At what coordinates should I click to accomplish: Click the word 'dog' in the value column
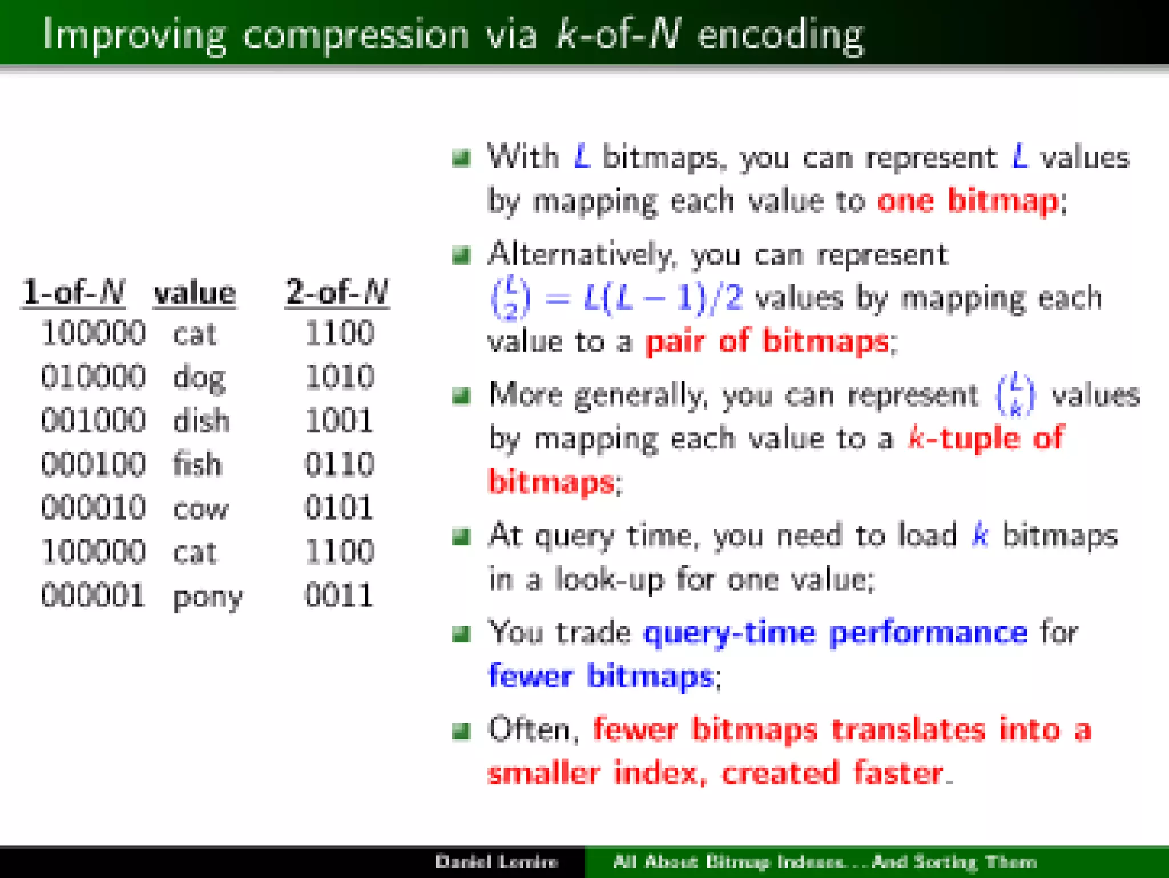pos(199,378)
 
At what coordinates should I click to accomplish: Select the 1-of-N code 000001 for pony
pos(93,596)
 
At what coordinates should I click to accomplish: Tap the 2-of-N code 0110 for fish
pos(339,464)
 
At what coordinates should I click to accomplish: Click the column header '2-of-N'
pos(337,292)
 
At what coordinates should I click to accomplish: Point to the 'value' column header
pos(195,293)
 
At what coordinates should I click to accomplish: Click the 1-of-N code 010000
pos(93,377)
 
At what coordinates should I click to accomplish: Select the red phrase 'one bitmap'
pos(968,201)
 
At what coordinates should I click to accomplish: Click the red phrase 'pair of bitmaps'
pos(767,342)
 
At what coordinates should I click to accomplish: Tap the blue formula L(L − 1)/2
pos(663,298)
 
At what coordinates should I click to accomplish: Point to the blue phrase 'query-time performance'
pos(835,633)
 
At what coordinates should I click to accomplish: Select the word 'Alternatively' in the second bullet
pos(579,254)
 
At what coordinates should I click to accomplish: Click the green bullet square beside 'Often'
pos(461,731)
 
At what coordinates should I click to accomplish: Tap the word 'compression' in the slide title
pos(356,35)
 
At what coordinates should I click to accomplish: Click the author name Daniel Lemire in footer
pos(496,861)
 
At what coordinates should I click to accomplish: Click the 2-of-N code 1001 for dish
pos(339,421)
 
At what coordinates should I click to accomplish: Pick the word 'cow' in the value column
pos(200,509)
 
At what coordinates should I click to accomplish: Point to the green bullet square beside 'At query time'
pos(461,537)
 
